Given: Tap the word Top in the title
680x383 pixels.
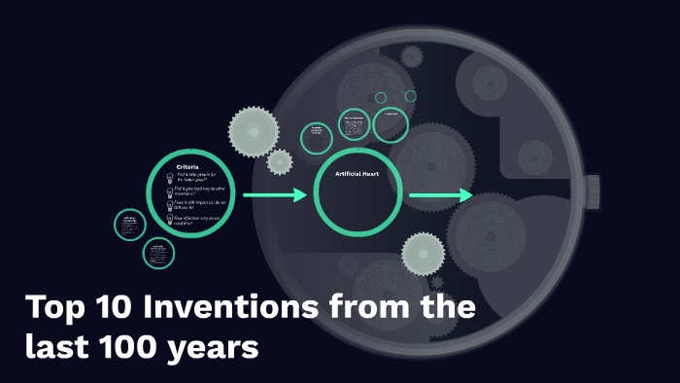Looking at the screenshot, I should pos(54,309).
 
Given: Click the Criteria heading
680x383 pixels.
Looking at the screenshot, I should pos(187,167).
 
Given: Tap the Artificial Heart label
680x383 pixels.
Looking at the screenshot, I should pos(356,174).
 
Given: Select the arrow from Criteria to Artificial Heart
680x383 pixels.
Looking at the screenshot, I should pos(274,195).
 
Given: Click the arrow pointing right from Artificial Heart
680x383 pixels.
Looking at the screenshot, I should pos(439,196).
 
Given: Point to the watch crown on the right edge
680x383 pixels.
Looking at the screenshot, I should pos(593,191).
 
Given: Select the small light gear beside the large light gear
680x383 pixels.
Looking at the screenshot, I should pos(280,161).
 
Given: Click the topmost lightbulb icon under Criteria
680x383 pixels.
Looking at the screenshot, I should pos(170,179).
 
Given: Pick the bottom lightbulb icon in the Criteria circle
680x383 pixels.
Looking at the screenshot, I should pos(170,220).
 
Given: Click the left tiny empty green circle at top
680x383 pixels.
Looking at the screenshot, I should pos(381,97).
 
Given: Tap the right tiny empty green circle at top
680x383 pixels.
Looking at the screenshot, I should pos(411,96).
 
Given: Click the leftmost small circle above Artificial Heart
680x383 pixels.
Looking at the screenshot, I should pos(317,138).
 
